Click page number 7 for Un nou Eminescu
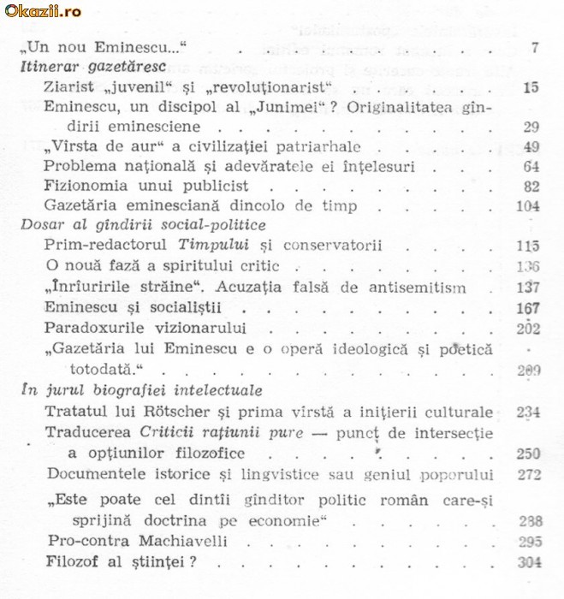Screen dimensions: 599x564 (534, 47)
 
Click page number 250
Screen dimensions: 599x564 (528, 454)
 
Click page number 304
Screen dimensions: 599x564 (529, 561)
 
